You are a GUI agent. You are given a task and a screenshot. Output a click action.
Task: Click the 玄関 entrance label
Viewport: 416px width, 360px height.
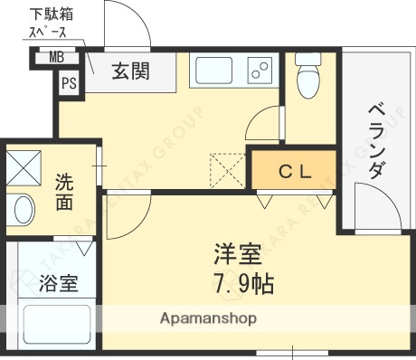point(130,70)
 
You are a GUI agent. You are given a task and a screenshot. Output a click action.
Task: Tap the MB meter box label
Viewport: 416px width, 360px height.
point(56,59)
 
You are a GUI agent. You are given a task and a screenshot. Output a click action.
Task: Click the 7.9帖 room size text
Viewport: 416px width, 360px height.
point(242,282)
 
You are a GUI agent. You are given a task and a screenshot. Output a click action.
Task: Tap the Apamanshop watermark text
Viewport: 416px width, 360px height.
point(208,318)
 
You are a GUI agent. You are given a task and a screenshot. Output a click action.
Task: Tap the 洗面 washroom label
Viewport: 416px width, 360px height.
point(64,191)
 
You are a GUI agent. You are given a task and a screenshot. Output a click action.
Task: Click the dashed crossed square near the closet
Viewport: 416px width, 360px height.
point(226,170)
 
